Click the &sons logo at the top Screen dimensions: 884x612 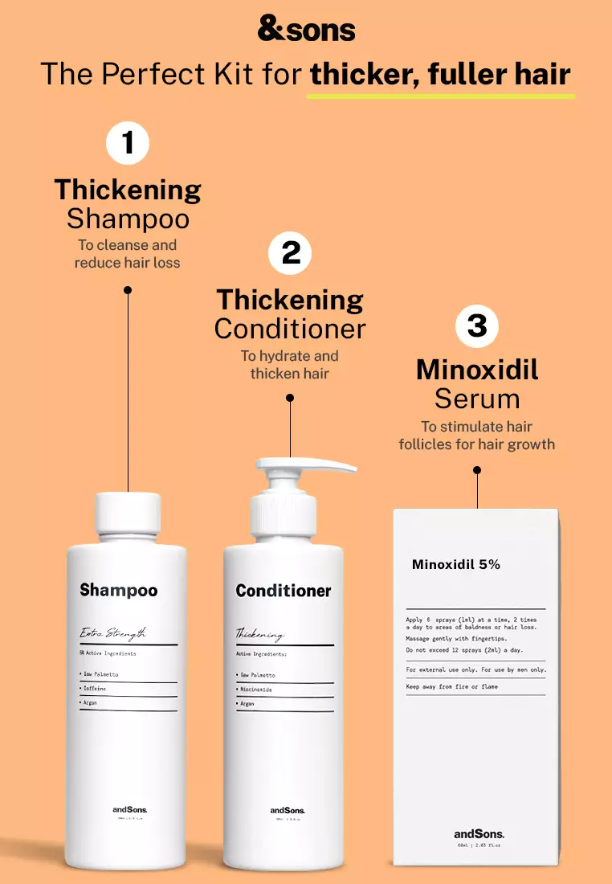(x=306, y=30)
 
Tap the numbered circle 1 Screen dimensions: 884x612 (x=128, y=144)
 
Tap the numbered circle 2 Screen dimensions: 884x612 (x=290, y=253)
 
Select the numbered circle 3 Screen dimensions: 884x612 (x=477, y=325)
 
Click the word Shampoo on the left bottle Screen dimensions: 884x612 (x=119, y=591)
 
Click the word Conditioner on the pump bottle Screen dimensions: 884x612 (x=284, y=591)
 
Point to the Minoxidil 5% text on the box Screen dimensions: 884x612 (x=455, y=565)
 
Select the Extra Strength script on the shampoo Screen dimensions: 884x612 (x=112, y=633)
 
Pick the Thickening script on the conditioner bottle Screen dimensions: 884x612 (x=259, y=634)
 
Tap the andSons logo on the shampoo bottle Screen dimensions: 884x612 (x=129, y=809)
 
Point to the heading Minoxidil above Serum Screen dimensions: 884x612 (x=477, y=370)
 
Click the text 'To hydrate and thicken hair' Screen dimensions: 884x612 (x=289, y=364)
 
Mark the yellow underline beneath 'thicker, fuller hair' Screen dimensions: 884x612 (x=441, y=96)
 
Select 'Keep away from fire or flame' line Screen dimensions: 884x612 (x=452, y=687)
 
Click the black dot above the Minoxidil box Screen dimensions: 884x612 (x=477, y=470)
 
